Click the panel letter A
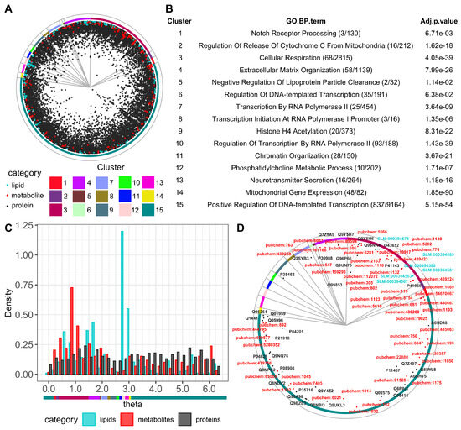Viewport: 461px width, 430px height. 8,8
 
